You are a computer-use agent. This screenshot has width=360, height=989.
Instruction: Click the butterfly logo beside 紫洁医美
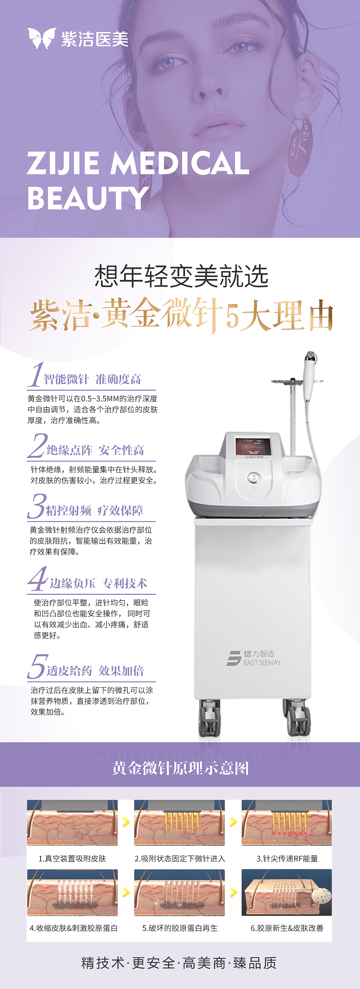pyautogui.click(x=42, y=38)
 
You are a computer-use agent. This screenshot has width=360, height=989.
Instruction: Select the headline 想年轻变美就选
pyautogui.click(x=181, y=276)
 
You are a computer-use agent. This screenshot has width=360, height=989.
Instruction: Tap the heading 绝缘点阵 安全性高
pyautogui.click(x=95, y=450)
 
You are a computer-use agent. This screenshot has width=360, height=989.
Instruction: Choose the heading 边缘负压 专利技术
pyautogui.click(x=99, y=583)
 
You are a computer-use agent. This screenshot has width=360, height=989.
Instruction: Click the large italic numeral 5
pyautogui.click(x=38, y=666)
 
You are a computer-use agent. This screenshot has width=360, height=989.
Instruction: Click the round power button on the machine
pyautogui.click(x=254, y=478)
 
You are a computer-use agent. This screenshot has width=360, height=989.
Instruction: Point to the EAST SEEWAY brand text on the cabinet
pyautogui.click(x=262, y=663)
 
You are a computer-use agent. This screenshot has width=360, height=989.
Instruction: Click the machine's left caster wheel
pyautogui.click(x=210, y=718)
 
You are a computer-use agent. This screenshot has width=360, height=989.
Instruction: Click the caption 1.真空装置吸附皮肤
pyautogui.click(x=72, y=858)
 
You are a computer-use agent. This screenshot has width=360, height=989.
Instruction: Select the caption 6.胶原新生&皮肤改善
pyautogui.click(x=287, y=928)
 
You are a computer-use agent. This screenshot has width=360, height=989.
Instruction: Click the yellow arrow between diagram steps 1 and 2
pyautogui.click(x=126, y=822)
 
